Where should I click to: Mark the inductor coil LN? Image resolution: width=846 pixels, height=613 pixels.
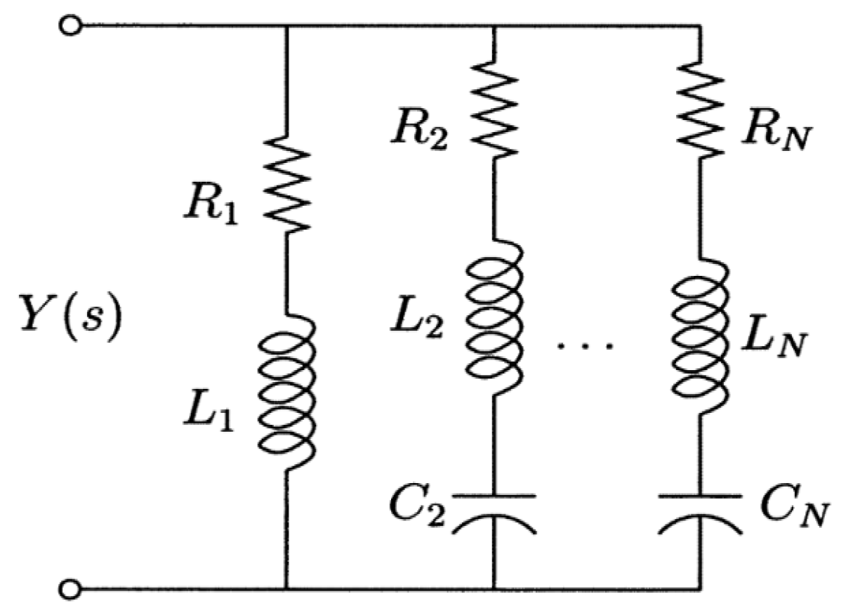coord(699,339)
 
